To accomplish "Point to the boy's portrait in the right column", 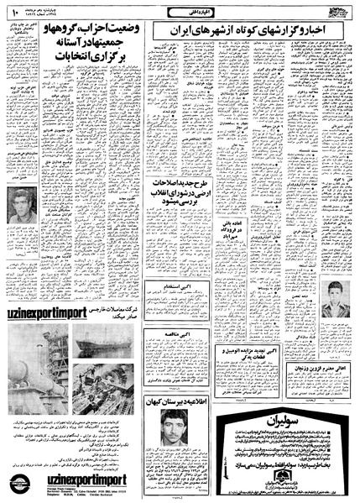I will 337,297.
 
